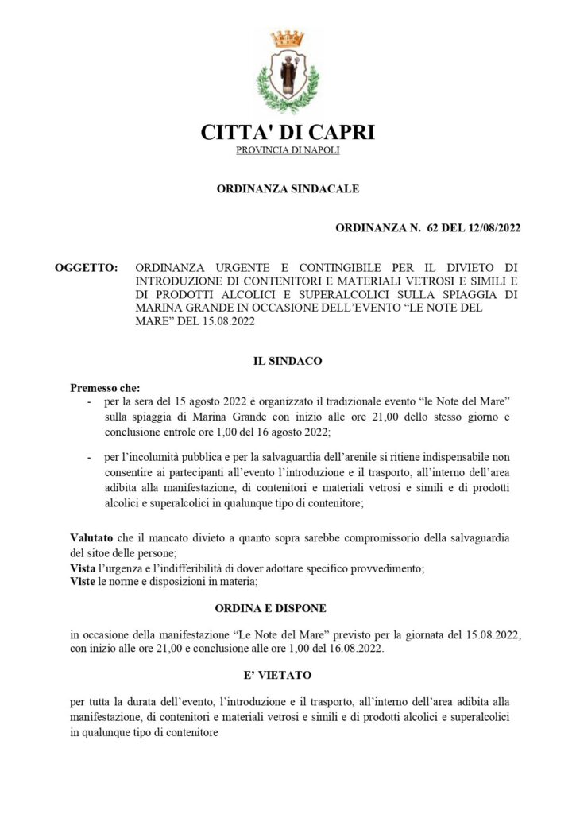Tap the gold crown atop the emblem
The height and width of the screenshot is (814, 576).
click(288, 37)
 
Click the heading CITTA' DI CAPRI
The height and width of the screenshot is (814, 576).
click(288, 132)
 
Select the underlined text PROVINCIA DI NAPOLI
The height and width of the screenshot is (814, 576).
click(288, 151)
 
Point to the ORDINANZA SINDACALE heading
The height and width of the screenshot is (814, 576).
click(288, 189)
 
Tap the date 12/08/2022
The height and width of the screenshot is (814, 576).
click(490, 228)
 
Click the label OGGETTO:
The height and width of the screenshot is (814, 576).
click(87, 267)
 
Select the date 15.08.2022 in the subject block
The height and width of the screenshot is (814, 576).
click(209, 321)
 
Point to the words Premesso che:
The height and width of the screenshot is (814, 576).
click(105, 388)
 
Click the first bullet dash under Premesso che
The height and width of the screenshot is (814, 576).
click(89, 404)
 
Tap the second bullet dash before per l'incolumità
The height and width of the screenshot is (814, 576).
click(89, 459)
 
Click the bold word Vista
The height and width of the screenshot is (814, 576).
click(83, 568)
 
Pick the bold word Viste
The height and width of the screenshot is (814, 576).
click(83, 583)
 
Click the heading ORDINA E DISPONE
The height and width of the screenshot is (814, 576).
click(271, 608)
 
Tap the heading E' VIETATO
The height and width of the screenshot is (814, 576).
click(271, 675)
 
